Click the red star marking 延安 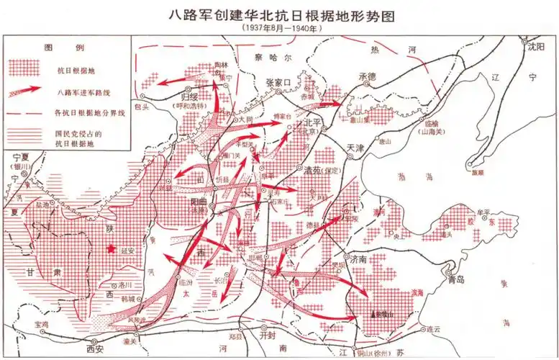(111, 249)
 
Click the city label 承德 (368, 76)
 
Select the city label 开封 (268, 335)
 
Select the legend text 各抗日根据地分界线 (89, 114)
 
